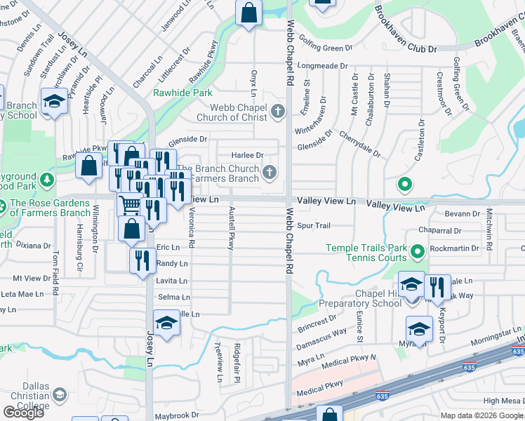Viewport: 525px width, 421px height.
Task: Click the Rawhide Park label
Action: pyautogui.click(x=182, y=93)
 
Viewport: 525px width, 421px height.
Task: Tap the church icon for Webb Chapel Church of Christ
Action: pyautogui.click(x=278, y=111)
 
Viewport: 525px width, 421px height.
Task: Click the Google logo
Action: pyautogui.click(x=23, y=413)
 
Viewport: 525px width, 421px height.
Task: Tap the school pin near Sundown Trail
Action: pyautogui.click(x=53, y=102)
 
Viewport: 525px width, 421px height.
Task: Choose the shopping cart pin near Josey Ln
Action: pyautogui.click(x=130, y=204)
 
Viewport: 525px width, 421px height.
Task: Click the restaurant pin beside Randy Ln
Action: pyautogui.click(x=142, y=260)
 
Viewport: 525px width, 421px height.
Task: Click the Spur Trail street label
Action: pyautogui.click(x=313, y=226)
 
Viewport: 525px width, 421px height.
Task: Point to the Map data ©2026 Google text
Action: pyautogui.click(x=481, y=415)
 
